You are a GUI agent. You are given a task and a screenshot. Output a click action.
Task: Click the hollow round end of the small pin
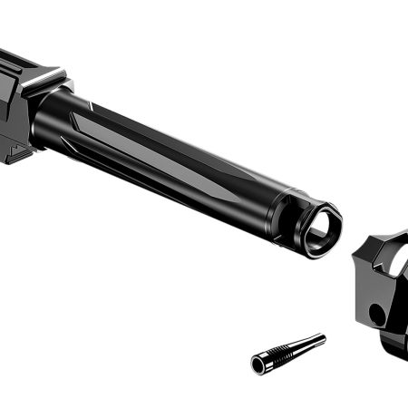258,364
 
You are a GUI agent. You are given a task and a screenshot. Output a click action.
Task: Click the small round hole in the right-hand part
375,315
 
